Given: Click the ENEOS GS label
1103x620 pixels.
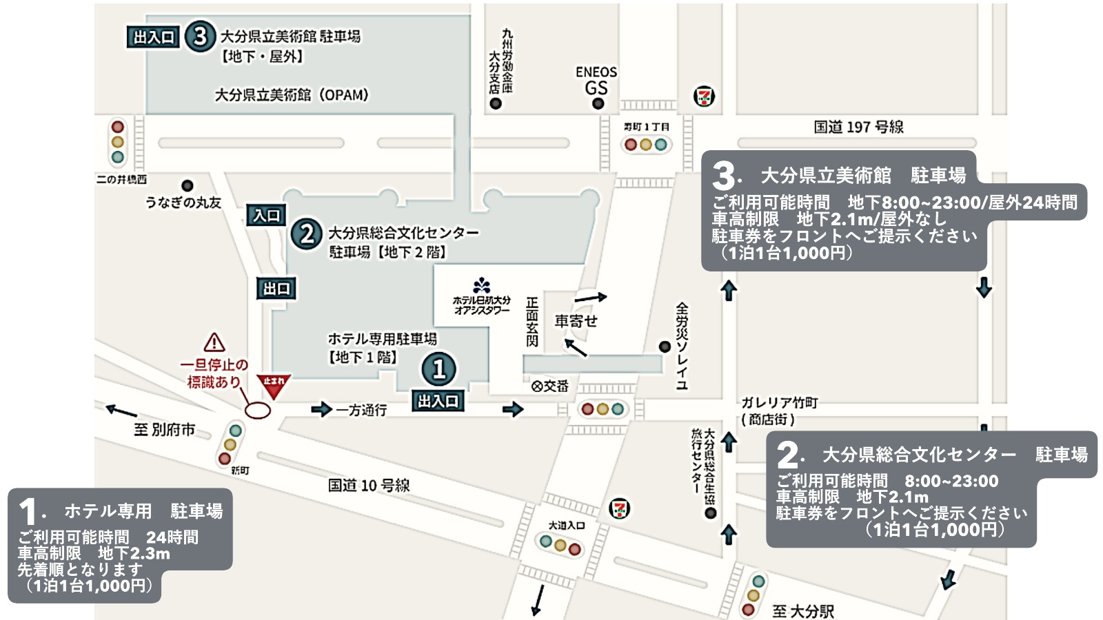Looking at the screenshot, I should (x=596, y=80).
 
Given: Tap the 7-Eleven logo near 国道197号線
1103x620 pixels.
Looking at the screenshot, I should (x=704, y=96).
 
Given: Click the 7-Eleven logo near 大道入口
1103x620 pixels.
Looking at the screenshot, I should (x=620, y=509).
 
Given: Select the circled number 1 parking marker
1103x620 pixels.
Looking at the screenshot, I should (x=439, y=369).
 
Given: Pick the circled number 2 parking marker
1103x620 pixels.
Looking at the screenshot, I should (x=307, y=234).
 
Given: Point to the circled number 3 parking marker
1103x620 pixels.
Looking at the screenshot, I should (x=200, y=36).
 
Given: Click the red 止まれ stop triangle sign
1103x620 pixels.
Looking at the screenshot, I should (x=274, y=385).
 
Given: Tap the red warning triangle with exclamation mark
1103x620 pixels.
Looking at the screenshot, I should (x=214, y=342).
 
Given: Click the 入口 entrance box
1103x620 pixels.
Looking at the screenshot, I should (x=266, y=216).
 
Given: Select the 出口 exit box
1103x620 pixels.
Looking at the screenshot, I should (x=276, y=289).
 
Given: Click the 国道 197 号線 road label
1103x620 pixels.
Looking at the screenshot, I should (x=858, y=127).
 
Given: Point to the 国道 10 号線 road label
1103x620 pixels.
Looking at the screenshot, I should (x=369, y=486).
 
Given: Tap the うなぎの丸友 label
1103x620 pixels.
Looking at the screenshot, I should (x=183, y=202).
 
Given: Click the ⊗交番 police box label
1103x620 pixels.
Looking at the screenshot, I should (x=550, y=386).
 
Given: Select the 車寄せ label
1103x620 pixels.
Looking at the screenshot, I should (x=576, y=321).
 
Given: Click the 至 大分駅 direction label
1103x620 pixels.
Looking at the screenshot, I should (x=803, y=610).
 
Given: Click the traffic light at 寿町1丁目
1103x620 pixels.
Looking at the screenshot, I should (x=645, y=145).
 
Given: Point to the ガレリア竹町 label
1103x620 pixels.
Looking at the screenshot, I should (x=779, y=402).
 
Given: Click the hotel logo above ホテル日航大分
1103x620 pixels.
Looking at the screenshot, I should (x=481, y=285).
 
